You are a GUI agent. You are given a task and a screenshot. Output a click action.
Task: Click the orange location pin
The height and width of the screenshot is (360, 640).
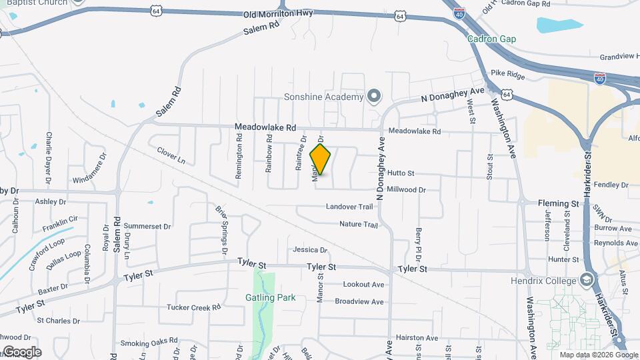coord(321,159)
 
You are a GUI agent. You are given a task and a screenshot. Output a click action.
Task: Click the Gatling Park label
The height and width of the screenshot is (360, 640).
coord(270,297)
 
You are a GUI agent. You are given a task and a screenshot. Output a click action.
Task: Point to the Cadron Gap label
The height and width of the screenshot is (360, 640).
coord(491,39)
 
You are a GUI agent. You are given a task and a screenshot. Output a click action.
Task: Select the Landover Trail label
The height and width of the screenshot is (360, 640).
coord(349,207)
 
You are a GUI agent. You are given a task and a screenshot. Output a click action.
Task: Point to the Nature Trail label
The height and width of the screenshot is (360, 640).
coord(358,225)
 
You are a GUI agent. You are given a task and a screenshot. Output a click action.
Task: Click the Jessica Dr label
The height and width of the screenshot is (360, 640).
coord(310,250)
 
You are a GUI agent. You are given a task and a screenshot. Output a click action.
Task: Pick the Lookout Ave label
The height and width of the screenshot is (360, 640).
coord(363,285)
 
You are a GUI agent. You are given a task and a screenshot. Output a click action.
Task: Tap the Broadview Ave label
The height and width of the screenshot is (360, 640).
coord(359,302)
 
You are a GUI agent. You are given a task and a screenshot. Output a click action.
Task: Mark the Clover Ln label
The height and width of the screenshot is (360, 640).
coord(171,156)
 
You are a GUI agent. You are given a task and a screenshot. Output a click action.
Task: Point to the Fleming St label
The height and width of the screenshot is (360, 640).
coord(559,203)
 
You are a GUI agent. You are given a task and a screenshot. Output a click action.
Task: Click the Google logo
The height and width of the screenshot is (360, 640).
coord(21,352)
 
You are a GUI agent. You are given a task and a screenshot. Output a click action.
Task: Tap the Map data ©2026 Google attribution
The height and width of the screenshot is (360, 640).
coord(597,355)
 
